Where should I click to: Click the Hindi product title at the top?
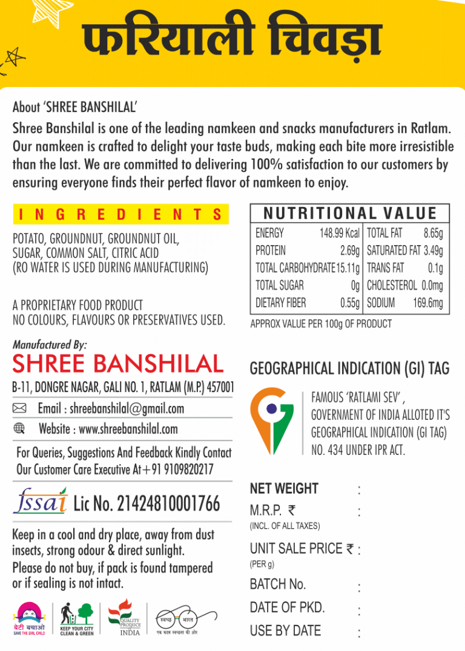tap(232, 41)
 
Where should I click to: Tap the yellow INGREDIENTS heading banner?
tap(120, 214)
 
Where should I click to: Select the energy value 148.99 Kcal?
tap(339, 233)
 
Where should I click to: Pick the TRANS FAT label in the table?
tap(386, 268)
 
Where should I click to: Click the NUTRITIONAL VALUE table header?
tap(350, 213)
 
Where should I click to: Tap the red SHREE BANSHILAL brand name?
tap(118, 364)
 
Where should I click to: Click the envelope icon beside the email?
tap(19, 409)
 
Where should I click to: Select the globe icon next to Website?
tap(19, 429)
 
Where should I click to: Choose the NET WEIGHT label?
tap(283, 488)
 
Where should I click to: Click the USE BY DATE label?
tap(285, 630)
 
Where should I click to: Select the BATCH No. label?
tap(278, 584)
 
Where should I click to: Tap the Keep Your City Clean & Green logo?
tap(77, 618)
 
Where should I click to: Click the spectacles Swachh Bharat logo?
tap(176, 620)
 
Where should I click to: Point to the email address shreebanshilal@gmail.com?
tap(127, 409)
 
